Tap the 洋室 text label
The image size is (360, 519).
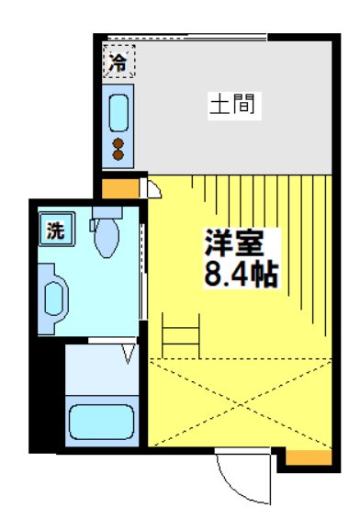point(234,243)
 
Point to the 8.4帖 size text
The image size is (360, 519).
point(241,275)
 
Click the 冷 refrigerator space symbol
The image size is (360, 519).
point(118,62)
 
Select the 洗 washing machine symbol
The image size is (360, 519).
point(57,230)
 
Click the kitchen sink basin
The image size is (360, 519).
point(118,113)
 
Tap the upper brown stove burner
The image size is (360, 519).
point(118,143)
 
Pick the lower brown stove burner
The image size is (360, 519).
point(118,155)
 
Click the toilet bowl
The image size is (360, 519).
point(107,238)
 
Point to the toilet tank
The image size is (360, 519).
point(107,212)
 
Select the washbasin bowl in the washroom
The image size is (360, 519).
point(54,299)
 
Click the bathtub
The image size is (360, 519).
point(102,422)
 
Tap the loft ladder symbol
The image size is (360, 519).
point(181,335)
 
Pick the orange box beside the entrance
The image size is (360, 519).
point(309,457)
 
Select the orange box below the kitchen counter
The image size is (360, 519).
point(120,188)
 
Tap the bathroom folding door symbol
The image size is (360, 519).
point(129,354)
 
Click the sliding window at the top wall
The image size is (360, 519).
point(187,37)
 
